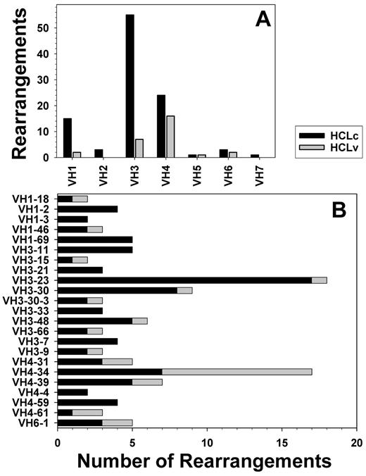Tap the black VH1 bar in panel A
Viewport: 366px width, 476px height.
click(x=68, y=138)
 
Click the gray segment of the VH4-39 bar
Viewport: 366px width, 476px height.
click(x=146, y=382)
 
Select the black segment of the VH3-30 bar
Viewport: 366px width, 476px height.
click(x=117, y=289)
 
